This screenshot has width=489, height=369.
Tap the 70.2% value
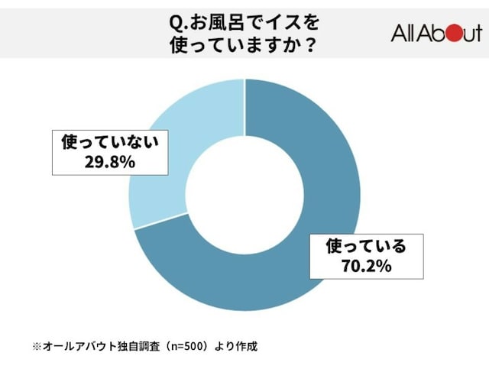tap(367, 266)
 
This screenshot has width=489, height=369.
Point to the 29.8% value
tap(110, 162)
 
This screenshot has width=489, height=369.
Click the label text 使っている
tap(367, 247)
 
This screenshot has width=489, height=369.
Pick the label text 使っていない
tap(110, 143)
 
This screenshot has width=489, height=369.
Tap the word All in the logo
tap(403, 33)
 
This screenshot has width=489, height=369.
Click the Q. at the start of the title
tap(179, 24)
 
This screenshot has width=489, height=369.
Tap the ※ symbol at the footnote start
tap(37, 347)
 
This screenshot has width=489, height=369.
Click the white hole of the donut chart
tap(244, 195)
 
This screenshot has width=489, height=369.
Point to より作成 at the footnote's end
tap(236, 347)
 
